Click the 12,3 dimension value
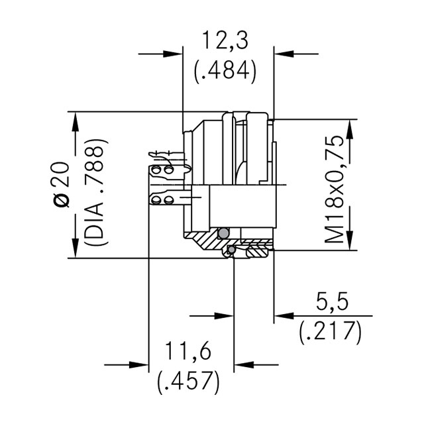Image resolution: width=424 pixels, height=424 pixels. click(225, 40)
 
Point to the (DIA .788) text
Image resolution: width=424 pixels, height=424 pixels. click(96, 192)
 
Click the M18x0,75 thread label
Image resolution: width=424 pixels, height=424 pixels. click(335, 189)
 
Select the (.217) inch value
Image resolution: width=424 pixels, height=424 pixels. click(330, 331)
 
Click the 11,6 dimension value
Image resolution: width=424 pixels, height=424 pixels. click(188, 350)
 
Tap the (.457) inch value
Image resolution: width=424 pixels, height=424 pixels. click(188, 382)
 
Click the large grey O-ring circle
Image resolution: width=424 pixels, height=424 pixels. click(224, 233)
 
